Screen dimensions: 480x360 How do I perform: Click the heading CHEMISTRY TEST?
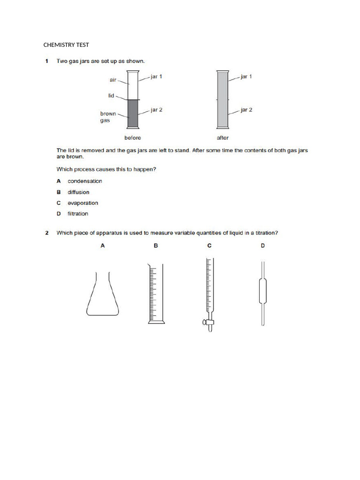click(66, 45)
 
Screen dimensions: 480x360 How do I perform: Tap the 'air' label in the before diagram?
click(113, 80)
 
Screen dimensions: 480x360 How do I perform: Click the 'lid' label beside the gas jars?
click(111, 95)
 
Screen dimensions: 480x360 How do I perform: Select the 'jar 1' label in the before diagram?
click(157, 76)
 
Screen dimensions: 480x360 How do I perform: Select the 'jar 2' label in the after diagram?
click(246, 110)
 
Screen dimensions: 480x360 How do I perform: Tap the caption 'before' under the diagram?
click(132, 138)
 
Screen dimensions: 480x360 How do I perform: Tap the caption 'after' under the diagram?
click(223, 138)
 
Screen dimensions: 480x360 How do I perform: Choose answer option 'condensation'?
click(84, 181)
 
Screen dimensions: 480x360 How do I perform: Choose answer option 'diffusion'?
click(78, 192)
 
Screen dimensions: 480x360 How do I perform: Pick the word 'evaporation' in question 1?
click(83, 203)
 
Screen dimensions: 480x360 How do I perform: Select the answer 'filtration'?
click(78, 214)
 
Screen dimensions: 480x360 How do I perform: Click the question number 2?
click(47, 233)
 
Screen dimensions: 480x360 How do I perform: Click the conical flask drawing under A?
click(103, 295)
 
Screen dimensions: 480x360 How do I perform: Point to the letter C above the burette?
click(209, 245)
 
